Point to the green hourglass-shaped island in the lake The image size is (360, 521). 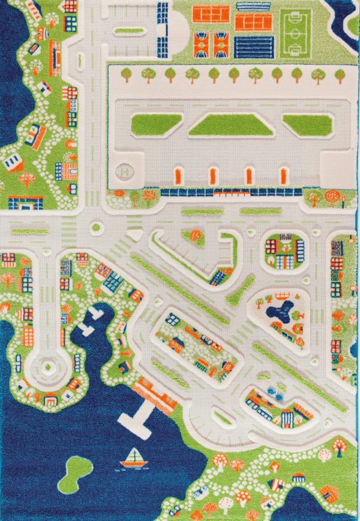click(75, 474)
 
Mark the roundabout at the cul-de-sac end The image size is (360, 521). click(49, 365)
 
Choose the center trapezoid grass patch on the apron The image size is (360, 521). click(231, 125)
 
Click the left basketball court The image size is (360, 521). click(202, 44)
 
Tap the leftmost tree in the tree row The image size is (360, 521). click(126, 74)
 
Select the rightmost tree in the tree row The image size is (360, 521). click(340, 75)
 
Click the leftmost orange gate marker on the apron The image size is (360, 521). click(178, 176)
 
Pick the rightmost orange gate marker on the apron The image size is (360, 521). click(284, 176)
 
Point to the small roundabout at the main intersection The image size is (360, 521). click(96, 228)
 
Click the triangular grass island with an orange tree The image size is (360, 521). click(195, 237)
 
